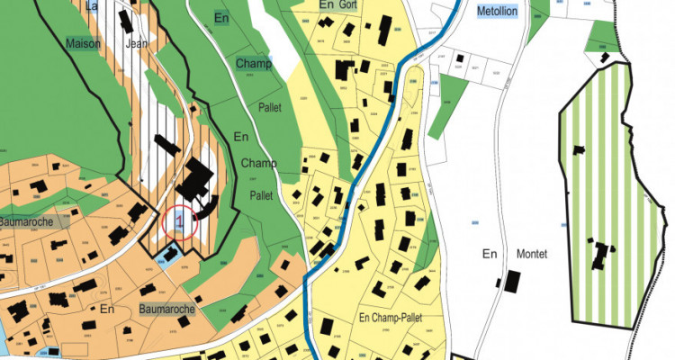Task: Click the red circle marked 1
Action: coord(181,220)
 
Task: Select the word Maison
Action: coord(84,42)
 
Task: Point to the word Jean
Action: coord(137,42)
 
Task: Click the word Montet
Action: coord(532,254)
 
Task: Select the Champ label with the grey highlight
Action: coord(254,64)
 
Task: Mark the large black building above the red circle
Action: coord(193,180)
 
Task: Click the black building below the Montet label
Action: coord(511,281)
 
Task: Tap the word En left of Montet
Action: coord(490,254)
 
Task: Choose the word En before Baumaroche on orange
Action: coord(108,309)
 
